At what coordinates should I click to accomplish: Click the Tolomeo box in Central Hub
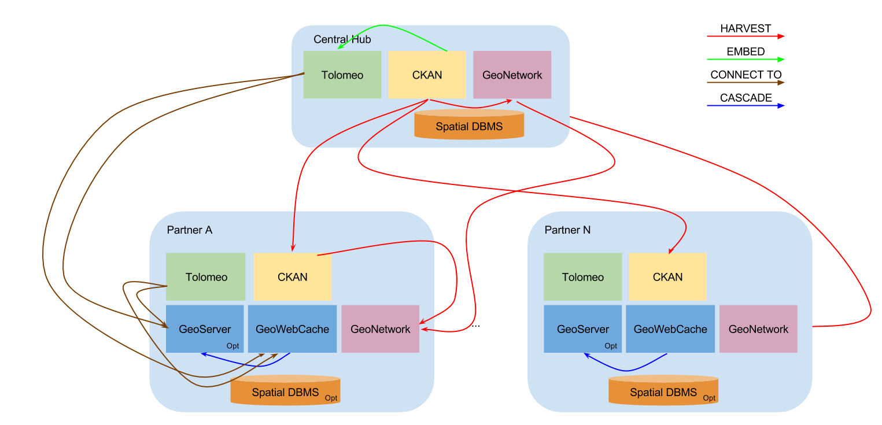(342, 75)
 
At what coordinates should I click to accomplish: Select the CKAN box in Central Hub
(427, 75)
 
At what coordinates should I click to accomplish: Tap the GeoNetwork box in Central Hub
(512, 75)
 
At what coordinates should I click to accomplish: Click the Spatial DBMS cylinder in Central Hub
(469, 125)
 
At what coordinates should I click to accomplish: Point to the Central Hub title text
(342, 39)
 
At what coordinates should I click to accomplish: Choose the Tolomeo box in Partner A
(206, 277)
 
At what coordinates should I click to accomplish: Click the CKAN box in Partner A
(293, 277)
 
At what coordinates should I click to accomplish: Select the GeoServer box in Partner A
(205, 329)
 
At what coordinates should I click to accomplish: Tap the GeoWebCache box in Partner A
(292, 329)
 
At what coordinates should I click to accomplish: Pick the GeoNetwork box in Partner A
(380, 329)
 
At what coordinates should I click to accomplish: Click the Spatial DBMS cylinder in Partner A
(285, 391)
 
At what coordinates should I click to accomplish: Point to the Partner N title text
(567, 230)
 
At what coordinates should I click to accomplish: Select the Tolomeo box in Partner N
(582, 277)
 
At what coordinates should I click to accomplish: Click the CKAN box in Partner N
(667, 277)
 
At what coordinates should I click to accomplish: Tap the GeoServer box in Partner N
(582, 329)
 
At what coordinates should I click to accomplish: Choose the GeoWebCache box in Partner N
(670, 329)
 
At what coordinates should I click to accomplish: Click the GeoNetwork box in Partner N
(758, 329)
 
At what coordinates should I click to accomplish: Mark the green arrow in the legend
(746, 59)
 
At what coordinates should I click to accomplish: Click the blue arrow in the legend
(746, 106)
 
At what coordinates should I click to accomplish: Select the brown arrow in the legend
(746, 83)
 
